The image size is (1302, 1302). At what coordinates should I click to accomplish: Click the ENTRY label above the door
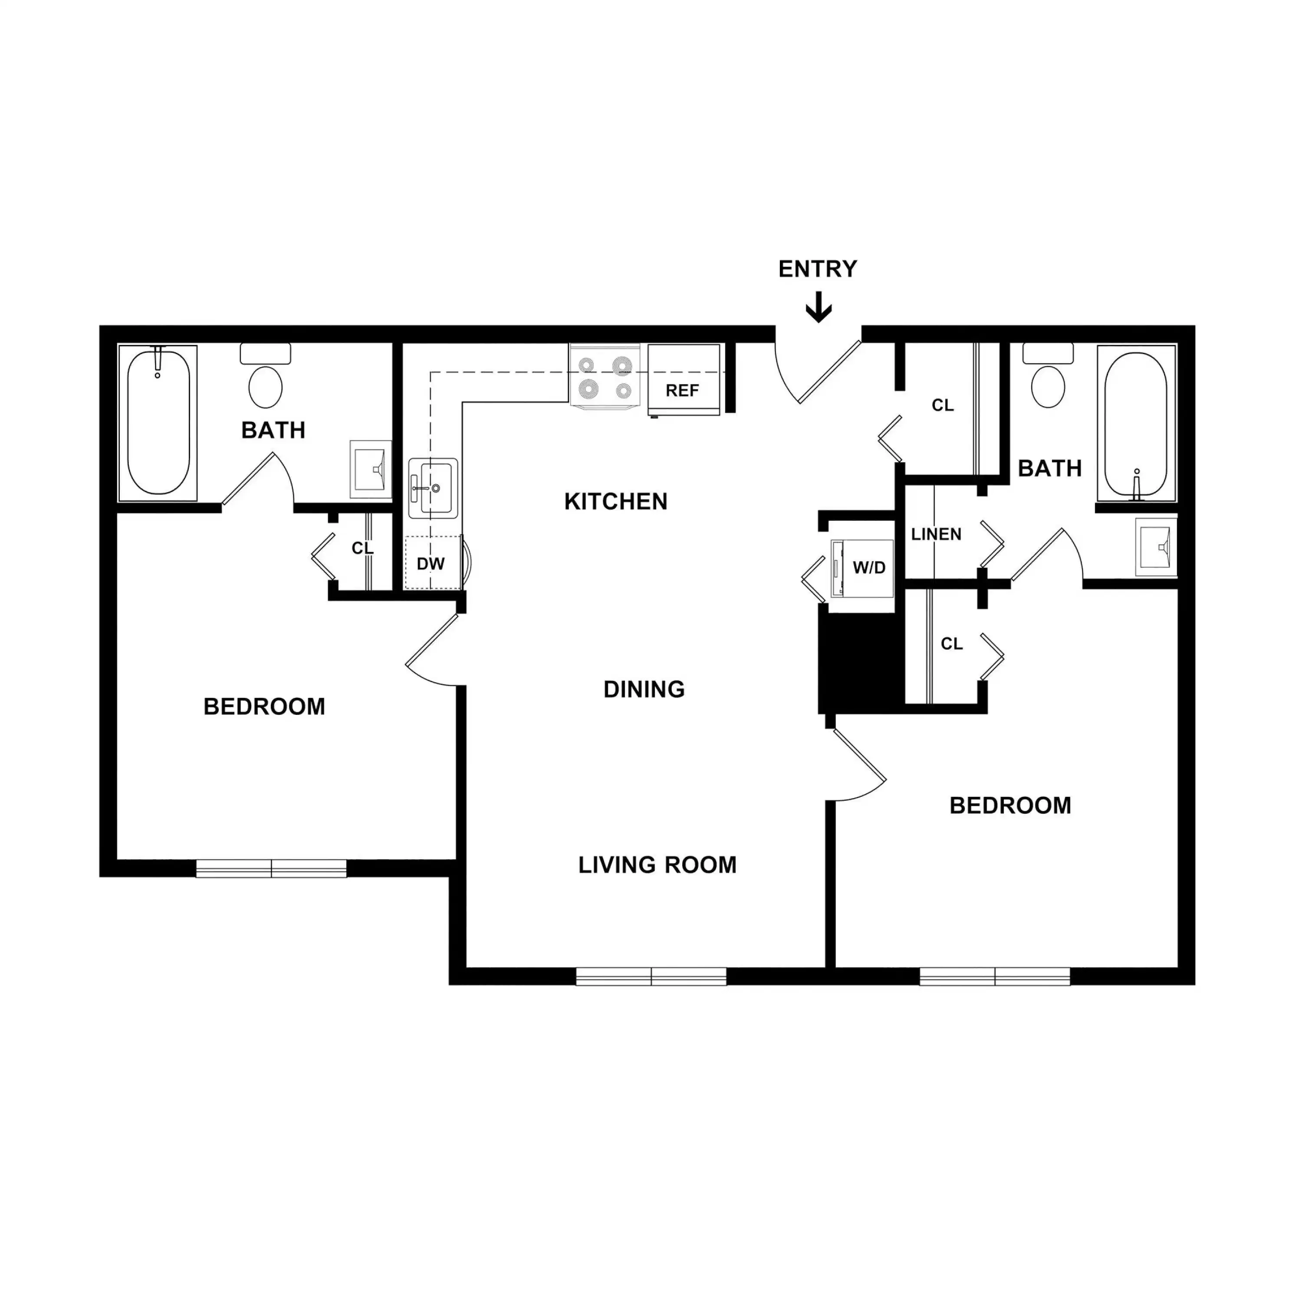818,269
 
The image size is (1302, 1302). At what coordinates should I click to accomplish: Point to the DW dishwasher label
431,563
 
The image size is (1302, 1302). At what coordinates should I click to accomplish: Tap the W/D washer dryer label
869,567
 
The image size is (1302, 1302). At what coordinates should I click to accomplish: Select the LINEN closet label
936,534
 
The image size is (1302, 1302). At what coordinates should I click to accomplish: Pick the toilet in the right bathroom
1048,385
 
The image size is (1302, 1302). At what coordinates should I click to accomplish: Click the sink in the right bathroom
1155,546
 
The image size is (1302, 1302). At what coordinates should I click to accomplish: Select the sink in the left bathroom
370,470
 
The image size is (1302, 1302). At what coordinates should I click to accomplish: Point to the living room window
651,976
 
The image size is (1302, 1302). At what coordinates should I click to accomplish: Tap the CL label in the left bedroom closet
362,549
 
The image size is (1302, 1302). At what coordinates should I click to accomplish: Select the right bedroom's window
995,976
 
